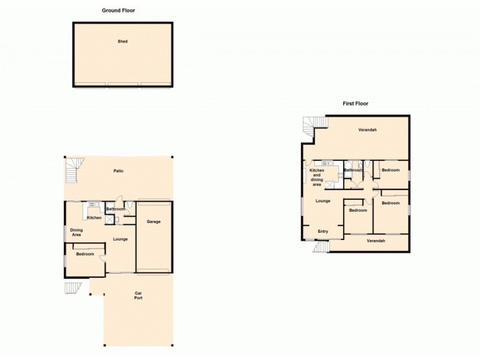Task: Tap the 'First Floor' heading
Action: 355,103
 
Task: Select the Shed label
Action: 122,41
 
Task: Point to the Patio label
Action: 119,172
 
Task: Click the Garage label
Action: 154,222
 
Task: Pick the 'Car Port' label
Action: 138,296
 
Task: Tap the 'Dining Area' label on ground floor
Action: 76,232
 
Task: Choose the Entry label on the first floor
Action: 323,232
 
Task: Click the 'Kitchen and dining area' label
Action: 317,177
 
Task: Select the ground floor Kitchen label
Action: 94,217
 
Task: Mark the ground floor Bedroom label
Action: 85,254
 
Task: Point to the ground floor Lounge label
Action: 120,239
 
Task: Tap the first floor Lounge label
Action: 323,200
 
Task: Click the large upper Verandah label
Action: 367,130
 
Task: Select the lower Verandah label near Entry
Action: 376,241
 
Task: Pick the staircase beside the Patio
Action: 73,170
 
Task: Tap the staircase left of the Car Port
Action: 73,288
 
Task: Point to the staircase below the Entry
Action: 321,246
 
